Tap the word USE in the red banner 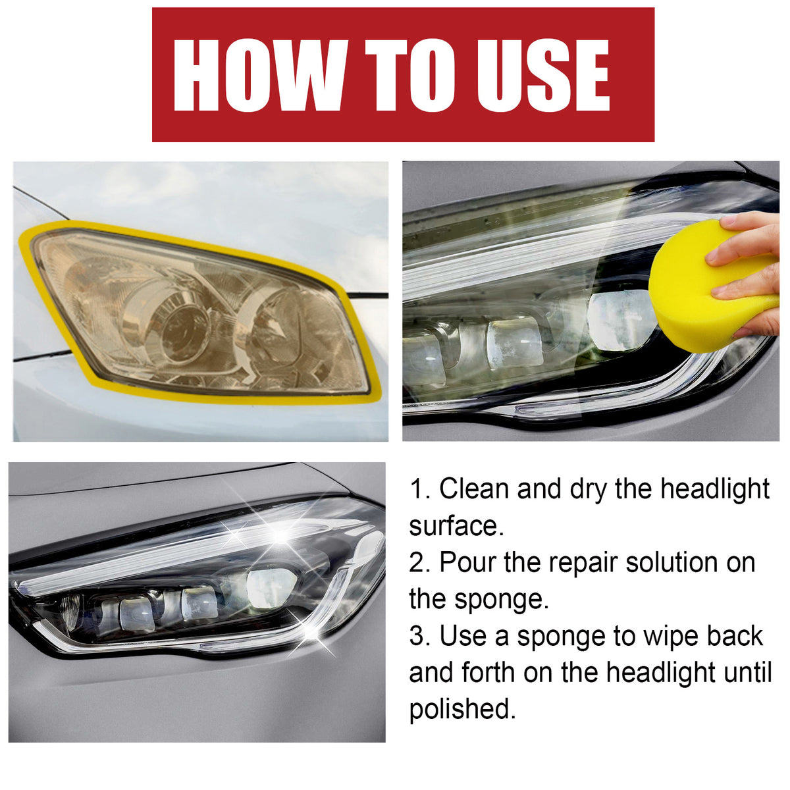click(x=542, y=76)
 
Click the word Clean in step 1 click(x=475, y=489)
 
